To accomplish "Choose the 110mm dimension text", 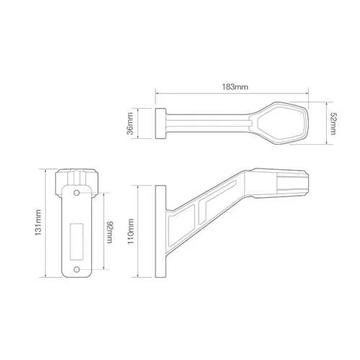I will tap(130, 233).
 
